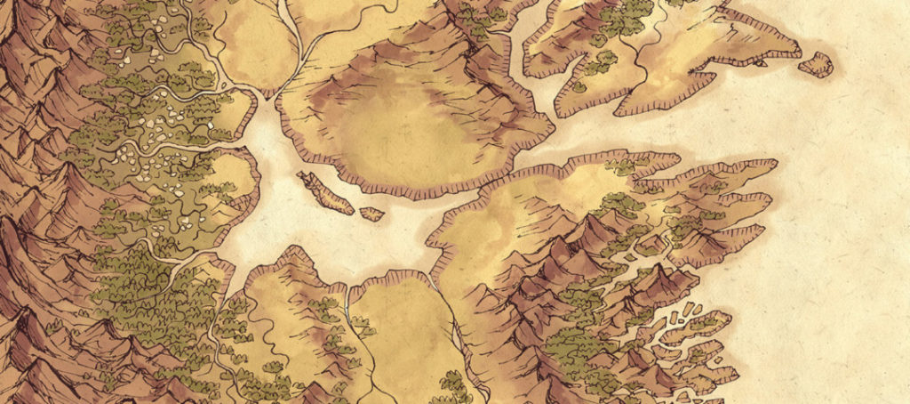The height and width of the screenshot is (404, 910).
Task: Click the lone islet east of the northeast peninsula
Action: [x=816, y=64]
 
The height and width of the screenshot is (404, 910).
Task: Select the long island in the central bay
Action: [x=325, y=192]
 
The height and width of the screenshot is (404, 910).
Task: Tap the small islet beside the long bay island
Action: [x=372, y=214]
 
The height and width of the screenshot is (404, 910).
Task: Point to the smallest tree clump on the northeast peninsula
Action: [x=579, y=86]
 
